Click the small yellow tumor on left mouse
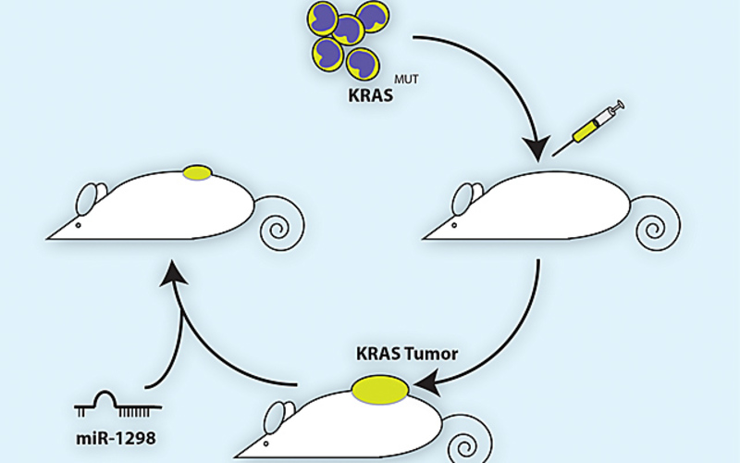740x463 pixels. (197, 171)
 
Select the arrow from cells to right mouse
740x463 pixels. (499, 74)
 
